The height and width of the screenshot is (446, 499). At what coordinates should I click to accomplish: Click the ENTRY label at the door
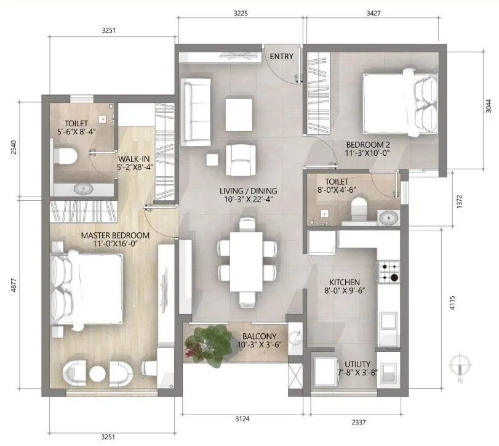coord(281,57)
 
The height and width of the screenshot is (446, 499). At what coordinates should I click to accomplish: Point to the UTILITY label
coord(357,365)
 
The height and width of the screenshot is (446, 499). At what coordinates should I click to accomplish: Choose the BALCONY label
coord(258,336)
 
